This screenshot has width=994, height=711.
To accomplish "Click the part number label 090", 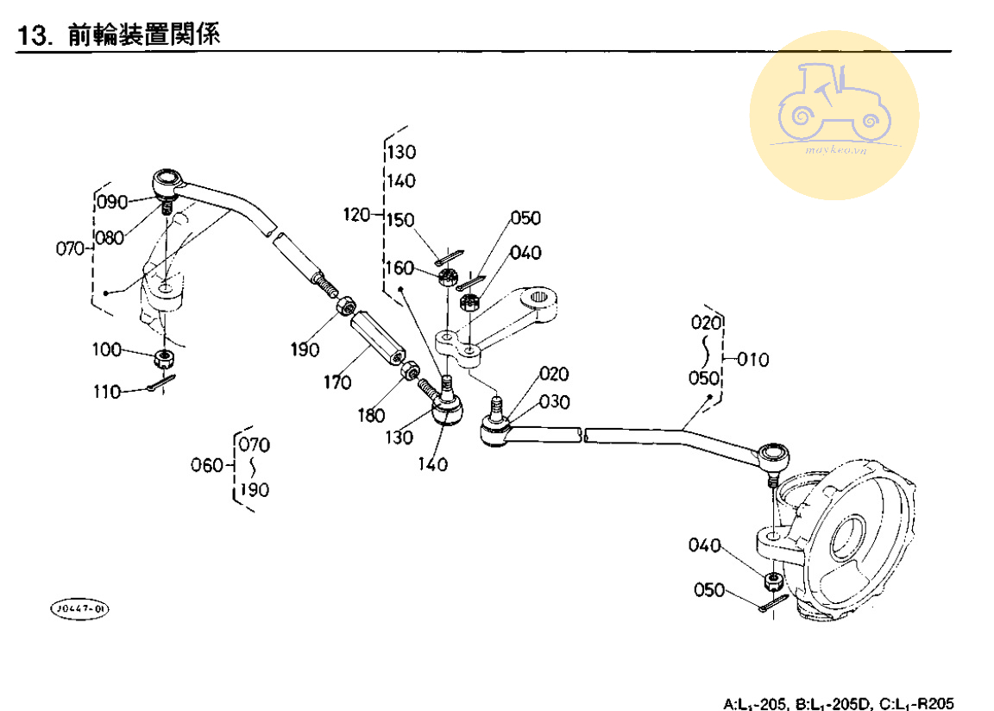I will pyautogui.click(x=112, y=202).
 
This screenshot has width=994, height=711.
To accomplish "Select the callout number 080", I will pyautogui.click(x=110, y=238).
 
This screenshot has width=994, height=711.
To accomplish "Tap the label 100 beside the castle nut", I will pyautogui.click(x=108, y=349).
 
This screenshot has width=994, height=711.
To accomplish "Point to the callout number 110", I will pyautogui.click(x=108, y=392).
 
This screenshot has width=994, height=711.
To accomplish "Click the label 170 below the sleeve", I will pyautogui.click(x=337, y=381).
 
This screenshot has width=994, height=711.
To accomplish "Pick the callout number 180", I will pyautogui.click(x=371, y=416).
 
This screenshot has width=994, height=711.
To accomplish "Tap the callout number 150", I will pyautogui.click(x=401, y=221).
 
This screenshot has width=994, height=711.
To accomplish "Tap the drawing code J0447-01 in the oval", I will pyautogui.click(x=80, y=609).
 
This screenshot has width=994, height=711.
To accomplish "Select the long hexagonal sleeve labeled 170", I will pyautogui.click(x=376, y=341).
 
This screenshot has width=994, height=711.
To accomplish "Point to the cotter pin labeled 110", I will pyautogui.click(x=161, y=383).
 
